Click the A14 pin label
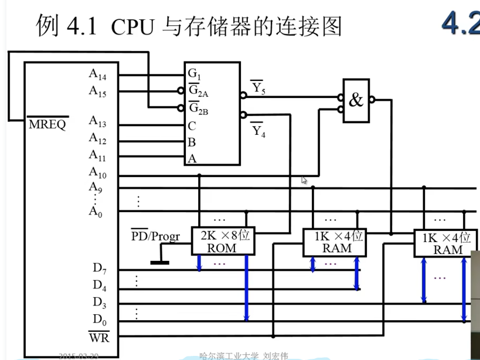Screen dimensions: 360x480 pyautogui.click(x=97, y=74)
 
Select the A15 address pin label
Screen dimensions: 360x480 pyautogui.click(x=97, y=91)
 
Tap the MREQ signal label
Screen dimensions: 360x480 pyautogui.click(x=47, y=124)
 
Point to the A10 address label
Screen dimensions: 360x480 pyautogui.click(x=97, y=172)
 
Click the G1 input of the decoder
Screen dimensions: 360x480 pyautogui.click(x=194, y=74)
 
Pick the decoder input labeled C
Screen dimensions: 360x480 pyautogui.click(x=192, y=125)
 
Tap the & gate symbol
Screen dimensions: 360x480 pyautogui.click(x=356, y=100)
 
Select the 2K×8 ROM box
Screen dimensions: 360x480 pyautogui.click(x=222, y=241)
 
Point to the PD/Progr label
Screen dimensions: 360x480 pyautogui.click(x=155, y=236)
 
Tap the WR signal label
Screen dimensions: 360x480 pyautogui.click(x=98, y=338)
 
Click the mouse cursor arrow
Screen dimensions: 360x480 pyautogui.click(x=304, y=181)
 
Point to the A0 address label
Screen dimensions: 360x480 pyautogui.click(x=95, y=212)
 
